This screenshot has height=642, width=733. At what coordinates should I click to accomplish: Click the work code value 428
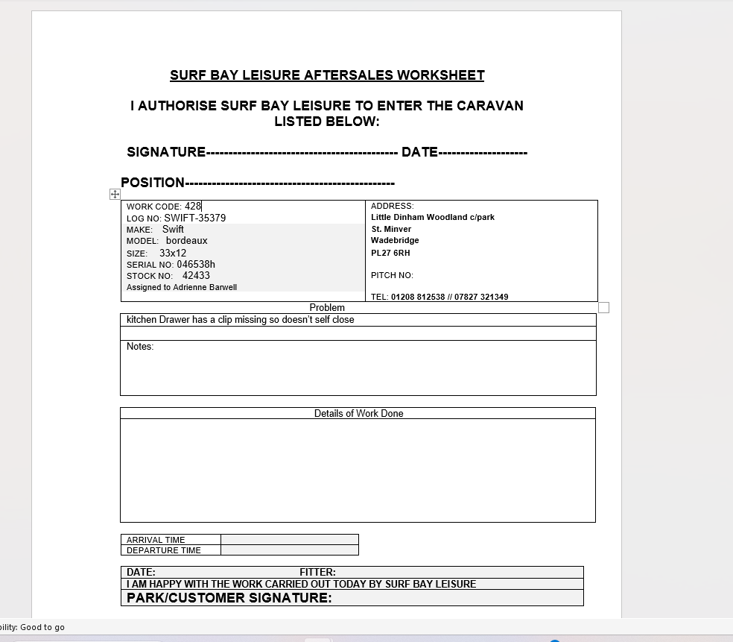pyautogui.click(x=193, y=206)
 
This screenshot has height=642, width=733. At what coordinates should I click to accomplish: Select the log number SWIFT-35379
pyautogui.click(x=195, y=218)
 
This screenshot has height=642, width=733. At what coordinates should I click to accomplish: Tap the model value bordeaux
pyautogui.click(x=187, y=241)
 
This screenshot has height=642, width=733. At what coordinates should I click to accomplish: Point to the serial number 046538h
pyautogui.click(x=196, y=264)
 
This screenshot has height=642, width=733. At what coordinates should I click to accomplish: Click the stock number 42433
pyautogui.click(x=196, y=275)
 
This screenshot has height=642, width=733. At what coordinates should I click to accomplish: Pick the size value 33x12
pyautogui.click(x=173, y=253)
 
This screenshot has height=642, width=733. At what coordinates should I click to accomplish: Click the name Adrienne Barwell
pyautogui.click(x=205, y=287)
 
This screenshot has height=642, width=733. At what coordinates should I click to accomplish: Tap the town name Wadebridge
pyautogui.click(x=395, y=240)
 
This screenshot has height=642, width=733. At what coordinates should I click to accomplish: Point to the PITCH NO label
pyautogui.click(x=392, y=275)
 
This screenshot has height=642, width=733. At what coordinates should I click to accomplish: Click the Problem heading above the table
pyautogui.click(x=327, y=307)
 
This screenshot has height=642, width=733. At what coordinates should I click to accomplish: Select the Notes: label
pyautogui.click(x=140, y=346)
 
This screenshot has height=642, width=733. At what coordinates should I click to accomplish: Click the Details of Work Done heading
pyautogui.click(x=358, y=413)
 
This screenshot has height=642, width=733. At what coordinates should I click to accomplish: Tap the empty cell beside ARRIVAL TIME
pyautogui.click(x=289, y=540)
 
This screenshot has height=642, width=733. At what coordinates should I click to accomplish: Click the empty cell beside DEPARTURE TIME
pyautogui.click(x=289, y=550)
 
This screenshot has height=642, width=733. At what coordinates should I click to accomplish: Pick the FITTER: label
pyautogui.click(x=317, y=572)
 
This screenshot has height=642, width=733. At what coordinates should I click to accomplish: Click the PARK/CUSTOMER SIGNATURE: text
pyautogui.click(x=229, y=597)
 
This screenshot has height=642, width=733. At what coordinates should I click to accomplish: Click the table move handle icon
pyautogui.click(x=115, y=194)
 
